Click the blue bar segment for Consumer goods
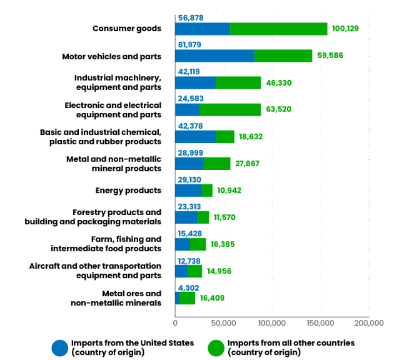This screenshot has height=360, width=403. (202, 29)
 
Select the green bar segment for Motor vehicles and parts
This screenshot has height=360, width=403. (283, 56)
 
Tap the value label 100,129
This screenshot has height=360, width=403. (345, 28)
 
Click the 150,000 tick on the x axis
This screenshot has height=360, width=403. (320, 323)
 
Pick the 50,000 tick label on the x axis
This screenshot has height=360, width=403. (224, 323)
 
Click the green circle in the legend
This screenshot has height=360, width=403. (216, 348)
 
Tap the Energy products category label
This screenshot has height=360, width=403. (128, 190)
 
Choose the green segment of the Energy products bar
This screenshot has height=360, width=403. (207, 190)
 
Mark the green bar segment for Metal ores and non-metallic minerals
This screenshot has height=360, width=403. (187, 299)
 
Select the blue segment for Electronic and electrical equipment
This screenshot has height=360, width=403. (187, 110)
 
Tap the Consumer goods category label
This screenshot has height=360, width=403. (127, 28)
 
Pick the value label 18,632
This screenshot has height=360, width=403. (251, 137)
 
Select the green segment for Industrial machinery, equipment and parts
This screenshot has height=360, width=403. (238, 83)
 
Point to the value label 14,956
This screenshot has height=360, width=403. (219, 271)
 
